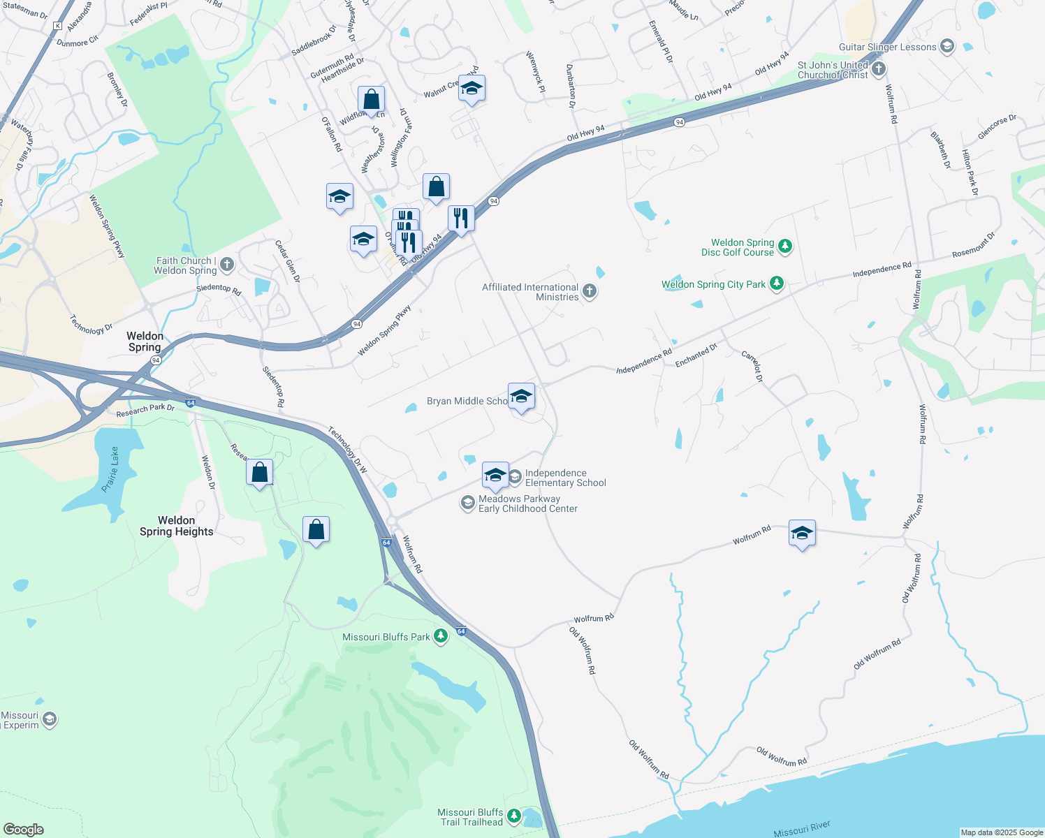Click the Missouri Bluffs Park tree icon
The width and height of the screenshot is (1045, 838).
(x=440, y=636)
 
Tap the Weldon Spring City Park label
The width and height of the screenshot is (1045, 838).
(x=713, y=284)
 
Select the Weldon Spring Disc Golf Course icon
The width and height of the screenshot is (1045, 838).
(x=785, y=246)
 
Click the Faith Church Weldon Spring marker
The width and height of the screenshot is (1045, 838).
(x=226, y=265)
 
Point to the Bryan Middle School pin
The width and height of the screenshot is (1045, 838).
(x=521, y=397)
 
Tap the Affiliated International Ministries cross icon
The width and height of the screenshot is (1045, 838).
(x=590, y=291)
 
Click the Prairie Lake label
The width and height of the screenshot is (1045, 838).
(x=111, y=469)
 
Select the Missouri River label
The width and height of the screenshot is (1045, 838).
(x=802, y=829)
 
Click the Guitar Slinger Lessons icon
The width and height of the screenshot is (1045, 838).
(x=947, y=47)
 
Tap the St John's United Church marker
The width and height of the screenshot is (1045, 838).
(x=879, y=69)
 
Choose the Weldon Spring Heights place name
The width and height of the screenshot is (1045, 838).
(x=176, y=526)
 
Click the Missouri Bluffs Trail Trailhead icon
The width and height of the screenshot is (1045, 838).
(x=514, y=816)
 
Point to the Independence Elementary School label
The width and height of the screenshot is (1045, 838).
(x=565, y=478)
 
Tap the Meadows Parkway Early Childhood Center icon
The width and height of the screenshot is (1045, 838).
(x=467, y=503)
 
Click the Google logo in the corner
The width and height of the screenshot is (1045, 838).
(x=23, y=829)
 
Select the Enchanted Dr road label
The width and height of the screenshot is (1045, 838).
(x=696, y=355)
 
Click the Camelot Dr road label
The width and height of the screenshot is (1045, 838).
(x=752, y=367)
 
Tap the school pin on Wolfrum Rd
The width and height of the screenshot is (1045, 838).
(x=802, y=534)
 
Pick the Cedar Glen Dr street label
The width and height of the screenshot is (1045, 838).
(x=287, y=261)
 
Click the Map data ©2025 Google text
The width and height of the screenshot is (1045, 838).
(x=1001, y=832)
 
